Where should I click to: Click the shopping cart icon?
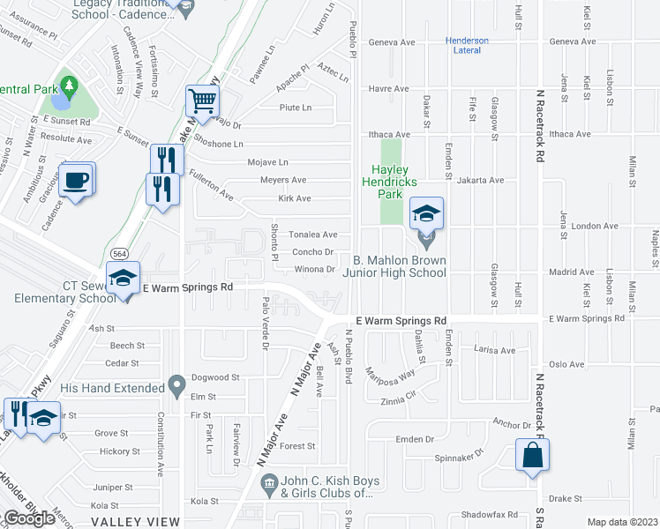coord(202,101)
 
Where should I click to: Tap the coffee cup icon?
coord(78,177)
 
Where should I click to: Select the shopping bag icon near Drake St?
coord(533,455)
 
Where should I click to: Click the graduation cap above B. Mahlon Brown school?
coord(427,213)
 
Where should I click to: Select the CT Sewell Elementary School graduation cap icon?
coord(124,278)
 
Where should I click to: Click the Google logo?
coord(29,518)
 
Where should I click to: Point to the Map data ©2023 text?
coord(622,522)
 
